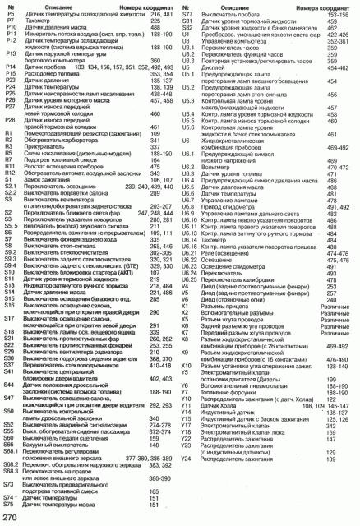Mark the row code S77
coord(186,15)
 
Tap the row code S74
coord(11,498)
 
